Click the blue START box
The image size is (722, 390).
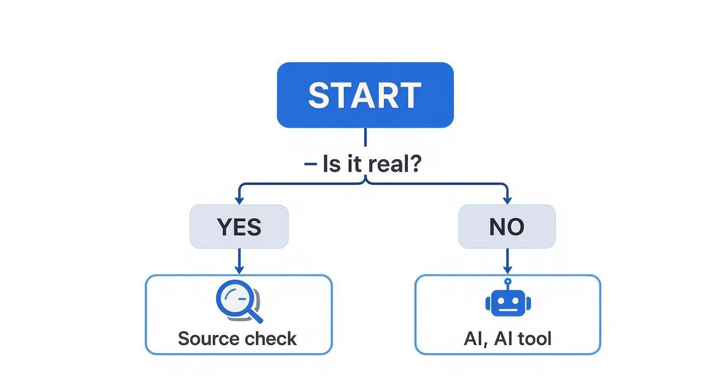pos(365,95)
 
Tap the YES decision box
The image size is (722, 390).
pos(239,227)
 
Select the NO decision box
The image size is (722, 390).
pos(507,227)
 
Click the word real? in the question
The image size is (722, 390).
pos(394,164)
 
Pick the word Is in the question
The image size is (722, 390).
pos(331,164)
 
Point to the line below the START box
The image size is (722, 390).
pos(365,137)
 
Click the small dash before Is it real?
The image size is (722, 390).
pos(310,164)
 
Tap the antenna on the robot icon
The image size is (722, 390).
pos(508,284)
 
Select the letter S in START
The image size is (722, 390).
pos(320,95)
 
